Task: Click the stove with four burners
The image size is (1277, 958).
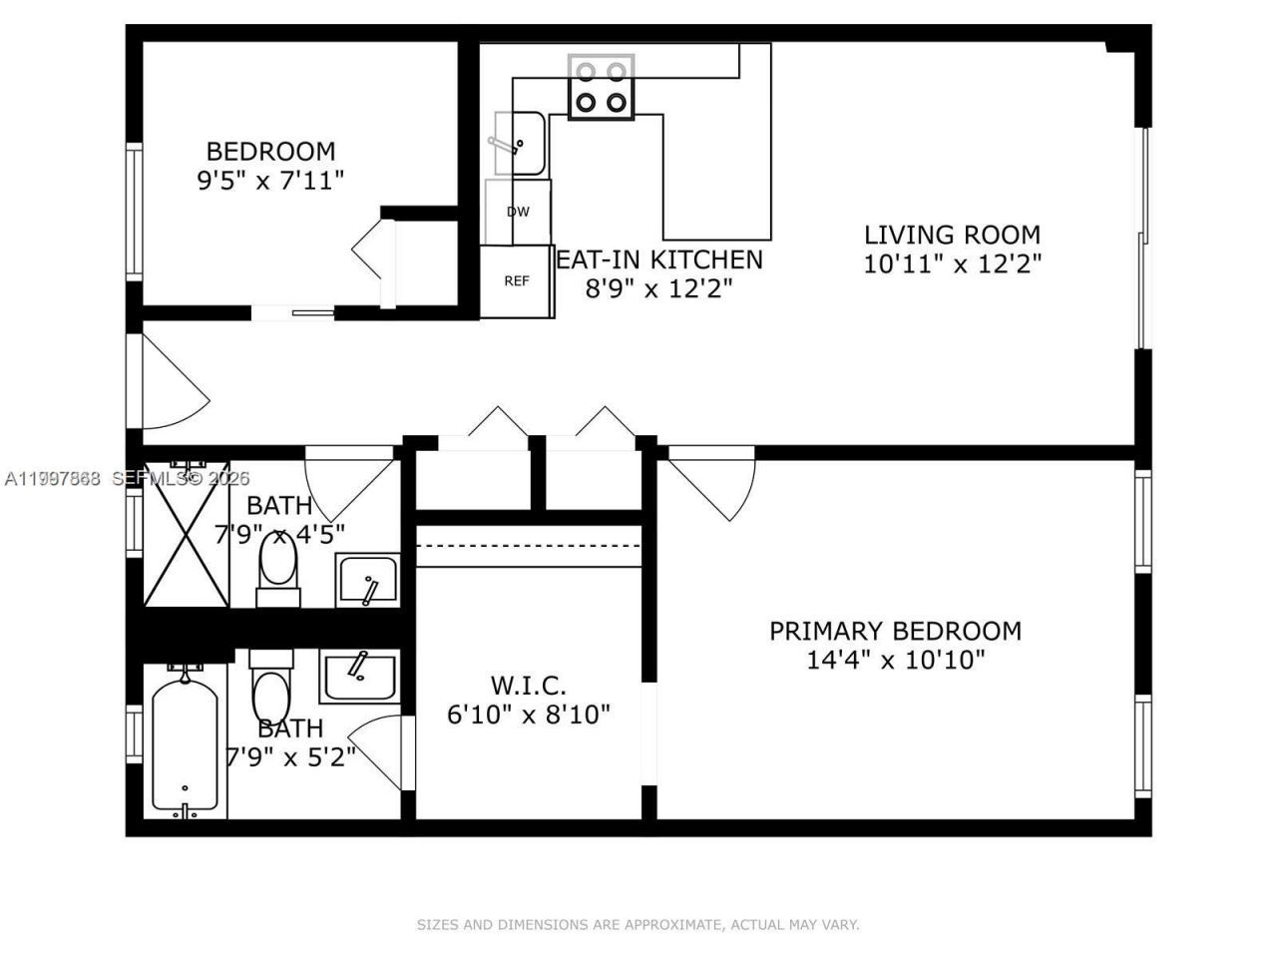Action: pyautogui.click(x=601, y=87)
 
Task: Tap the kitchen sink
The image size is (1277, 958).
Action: pyautogui.click(x=520, y=144)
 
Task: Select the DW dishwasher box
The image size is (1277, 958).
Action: pyautogui.click(x=518, y=212)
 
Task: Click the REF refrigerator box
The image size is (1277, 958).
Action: pyautogui.click(x=517, y=281)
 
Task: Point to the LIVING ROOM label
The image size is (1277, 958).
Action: pyautogui.click(x=952, y=236)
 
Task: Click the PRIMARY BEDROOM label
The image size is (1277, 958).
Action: pyautogui.click(x=895, y=632)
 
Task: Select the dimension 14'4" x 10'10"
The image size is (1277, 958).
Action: pyautogui.click(x=895, y=660)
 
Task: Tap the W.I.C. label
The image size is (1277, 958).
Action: pyautogui.click(x=528, y=687)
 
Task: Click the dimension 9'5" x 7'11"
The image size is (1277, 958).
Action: pyautogui.click(x=270, y=181)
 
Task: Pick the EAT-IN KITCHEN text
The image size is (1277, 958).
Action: pyautogui.click(x=658, y=260)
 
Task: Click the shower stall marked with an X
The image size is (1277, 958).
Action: pyautogui.click(x=187, y=534)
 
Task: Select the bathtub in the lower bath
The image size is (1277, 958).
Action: pyautogui.click(x=186, y=741)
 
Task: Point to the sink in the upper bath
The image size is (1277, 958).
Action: pyautogui.click(x=367, y=581)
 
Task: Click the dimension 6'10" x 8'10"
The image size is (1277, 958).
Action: pyautogui.click(x=528, y=715)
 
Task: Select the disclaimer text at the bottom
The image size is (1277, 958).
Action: pyautogui.click(x=638, y=925)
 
